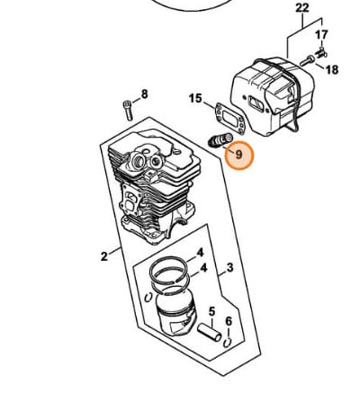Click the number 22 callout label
point(302,8)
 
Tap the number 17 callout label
point(321,35)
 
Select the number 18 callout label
point(332,70)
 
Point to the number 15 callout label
point(195,98)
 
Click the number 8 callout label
point(144,94)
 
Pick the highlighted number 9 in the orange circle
point(238,155)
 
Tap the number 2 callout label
point(103,256)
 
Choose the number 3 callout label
point(229,267)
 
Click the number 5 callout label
point(211,312)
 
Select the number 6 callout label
point(229,322)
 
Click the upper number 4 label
point(200,253)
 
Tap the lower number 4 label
point(203,268)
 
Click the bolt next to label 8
point(128,111)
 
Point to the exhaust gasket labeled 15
point(230,117)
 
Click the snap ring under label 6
point(228,343)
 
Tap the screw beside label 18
point(308,61)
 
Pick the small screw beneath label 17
point(322,52)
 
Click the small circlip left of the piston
point(148,298)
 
